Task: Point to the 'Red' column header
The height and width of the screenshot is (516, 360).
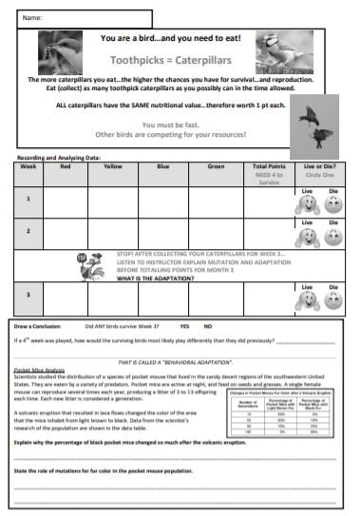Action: tap(64, 165)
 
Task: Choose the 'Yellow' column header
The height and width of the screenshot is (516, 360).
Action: tap(112, 165)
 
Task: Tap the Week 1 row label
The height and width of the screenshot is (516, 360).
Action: tap(28, 199)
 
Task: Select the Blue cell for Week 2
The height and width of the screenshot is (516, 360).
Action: tap(163, 231)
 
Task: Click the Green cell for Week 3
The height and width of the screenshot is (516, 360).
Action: tap(214, 296)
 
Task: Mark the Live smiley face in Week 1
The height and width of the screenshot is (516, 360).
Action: tap(306, 204)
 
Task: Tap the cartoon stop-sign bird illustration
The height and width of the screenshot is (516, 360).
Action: tap(85, 263)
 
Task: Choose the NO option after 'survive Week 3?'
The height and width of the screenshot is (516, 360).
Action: tap(207, 326)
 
